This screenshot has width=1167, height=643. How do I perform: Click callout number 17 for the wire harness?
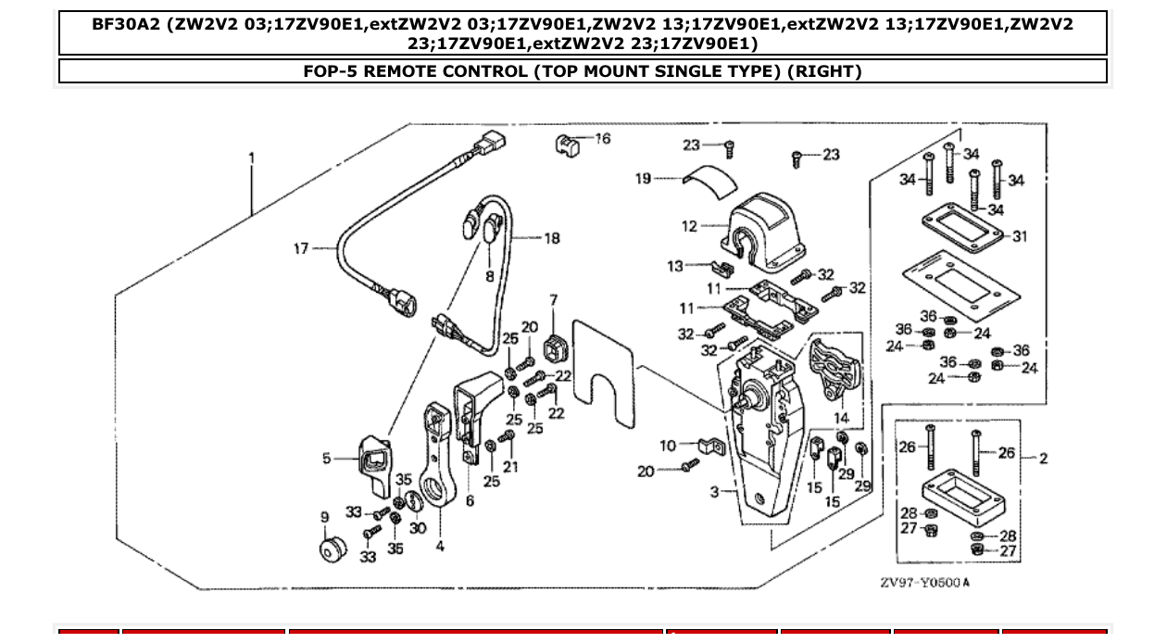tap(301, 248)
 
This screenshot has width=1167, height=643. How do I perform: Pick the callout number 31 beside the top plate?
tap(1019, 237)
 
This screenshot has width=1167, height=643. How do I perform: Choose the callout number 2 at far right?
tap(1043, 458)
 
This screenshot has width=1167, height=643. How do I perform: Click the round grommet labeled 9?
tap(332, 548)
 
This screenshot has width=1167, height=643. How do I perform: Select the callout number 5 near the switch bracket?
tap(326, 458)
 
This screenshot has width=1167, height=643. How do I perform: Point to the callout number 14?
tap(841, 419)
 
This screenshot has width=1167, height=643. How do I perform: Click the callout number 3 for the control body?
tap(714, 491)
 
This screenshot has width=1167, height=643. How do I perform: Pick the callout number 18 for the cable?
tap(551, 239)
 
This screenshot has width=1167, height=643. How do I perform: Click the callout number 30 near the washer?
tap(418, 528)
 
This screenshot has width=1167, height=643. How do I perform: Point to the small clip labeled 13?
tap(726, 268)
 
